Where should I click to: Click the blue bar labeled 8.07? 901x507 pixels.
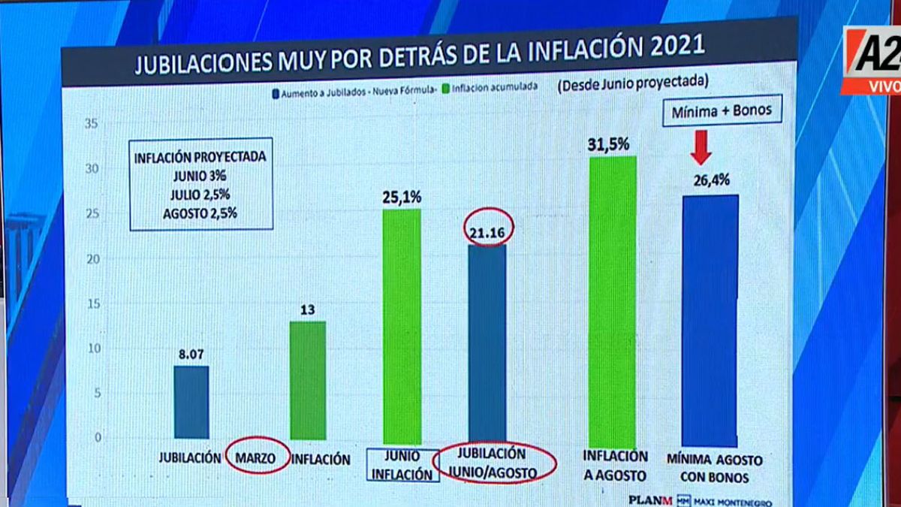tap(191, 402)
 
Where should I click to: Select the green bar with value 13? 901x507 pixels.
tap(308, 380)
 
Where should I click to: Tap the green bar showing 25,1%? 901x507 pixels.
tap(402, 326)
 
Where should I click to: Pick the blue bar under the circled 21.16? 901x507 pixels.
tap(487, 342)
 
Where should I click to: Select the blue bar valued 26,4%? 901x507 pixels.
tap(710, 320)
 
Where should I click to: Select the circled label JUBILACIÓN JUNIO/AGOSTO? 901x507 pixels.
tap(496, 463)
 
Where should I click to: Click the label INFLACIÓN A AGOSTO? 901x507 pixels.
tap(615, 465)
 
